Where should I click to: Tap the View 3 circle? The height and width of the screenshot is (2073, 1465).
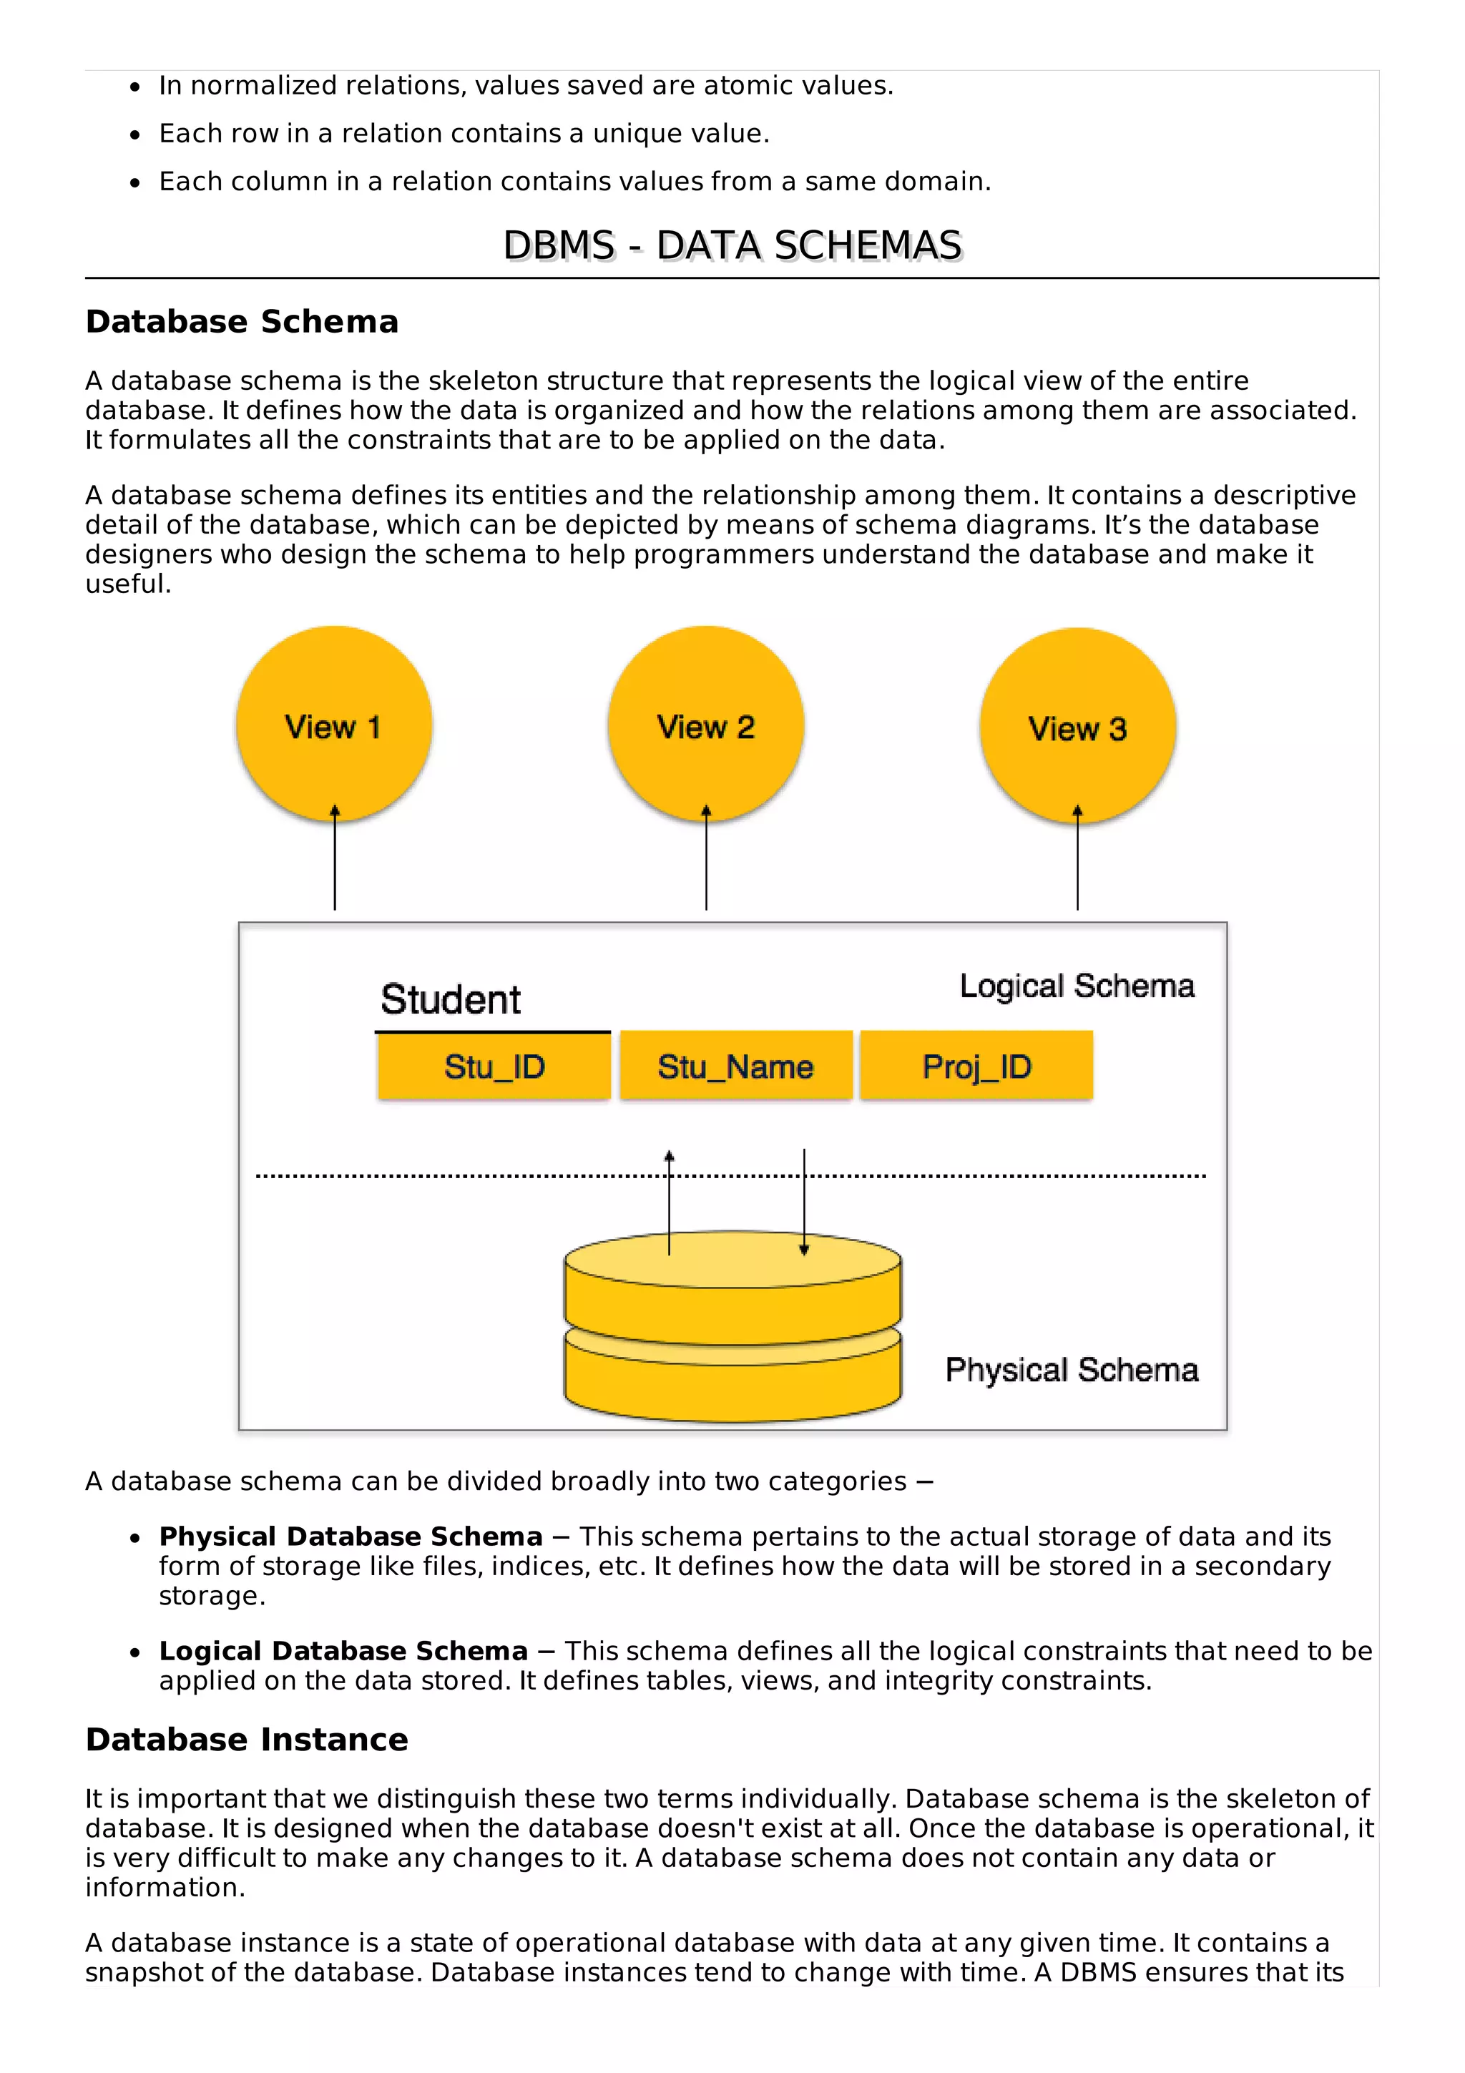pyautogui.click(x=1078, y=727)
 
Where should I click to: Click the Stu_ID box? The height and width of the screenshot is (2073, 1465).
pyautogui.click(x=494, y=1067)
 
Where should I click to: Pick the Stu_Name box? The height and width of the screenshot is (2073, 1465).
pyautogui.click(x=735, y=1067)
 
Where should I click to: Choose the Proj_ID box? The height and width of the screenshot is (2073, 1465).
pyautogui.click(x=976, y=1067)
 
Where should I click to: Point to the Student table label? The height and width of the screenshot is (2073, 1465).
pyautogui.click(x=451, y=999)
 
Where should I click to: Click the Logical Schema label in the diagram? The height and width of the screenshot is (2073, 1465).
pyautogui.click(x=1077, y=986)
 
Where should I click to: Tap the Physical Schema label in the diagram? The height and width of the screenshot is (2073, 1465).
pyautogui.click(x=1072, y=1370)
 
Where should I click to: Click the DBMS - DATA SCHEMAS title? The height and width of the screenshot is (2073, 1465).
pyautogui.click(x=732, y=245)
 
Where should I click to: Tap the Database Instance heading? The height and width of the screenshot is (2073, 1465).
pyautogui.click(x=246, y=1740)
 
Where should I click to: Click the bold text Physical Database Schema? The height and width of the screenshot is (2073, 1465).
pyautogui.click(x=351, y=1537)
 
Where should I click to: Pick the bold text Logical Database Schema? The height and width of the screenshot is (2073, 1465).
pyautogui.click(x=343, y=1652)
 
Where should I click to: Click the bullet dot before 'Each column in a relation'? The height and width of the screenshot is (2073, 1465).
pyautogui.click(x=135, y=183)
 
